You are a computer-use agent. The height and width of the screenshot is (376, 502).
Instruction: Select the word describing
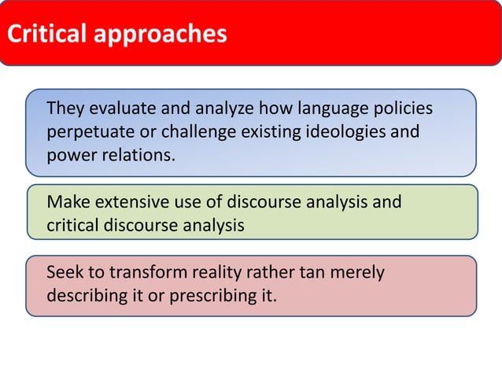pyautogui.click(x=92, y=297)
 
